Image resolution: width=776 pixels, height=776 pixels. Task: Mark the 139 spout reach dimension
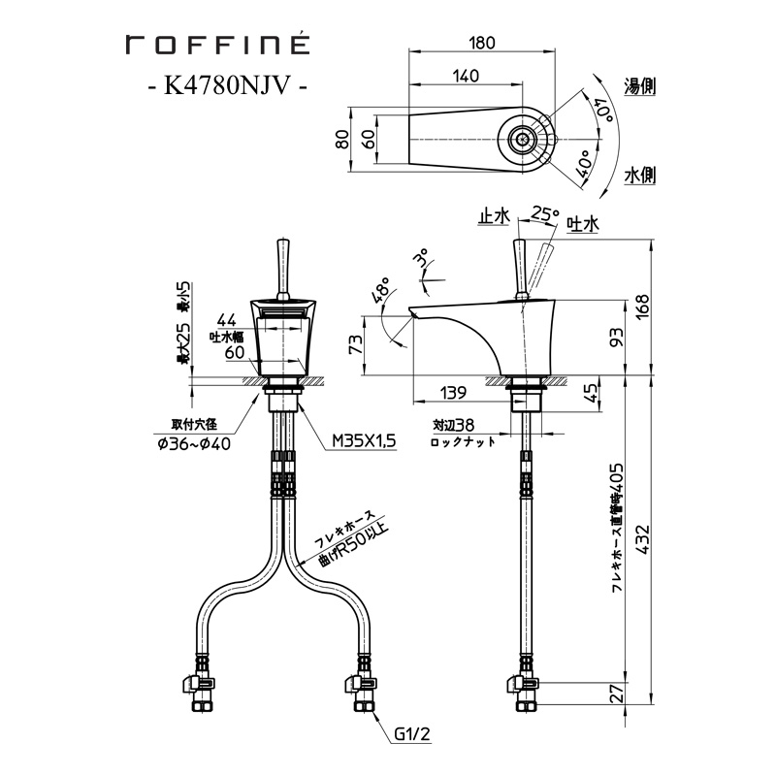click(x=451, y=393)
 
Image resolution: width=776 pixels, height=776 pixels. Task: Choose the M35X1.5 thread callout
click(x=365, y=440)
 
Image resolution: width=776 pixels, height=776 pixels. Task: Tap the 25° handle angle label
click(x=545, y=213)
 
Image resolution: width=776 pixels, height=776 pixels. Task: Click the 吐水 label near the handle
click(x=584, y=224)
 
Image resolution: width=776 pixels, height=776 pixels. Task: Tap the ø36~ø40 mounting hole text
click(x=194, y=444)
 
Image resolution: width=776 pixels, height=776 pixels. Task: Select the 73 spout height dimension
click(x=356, y=343)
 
